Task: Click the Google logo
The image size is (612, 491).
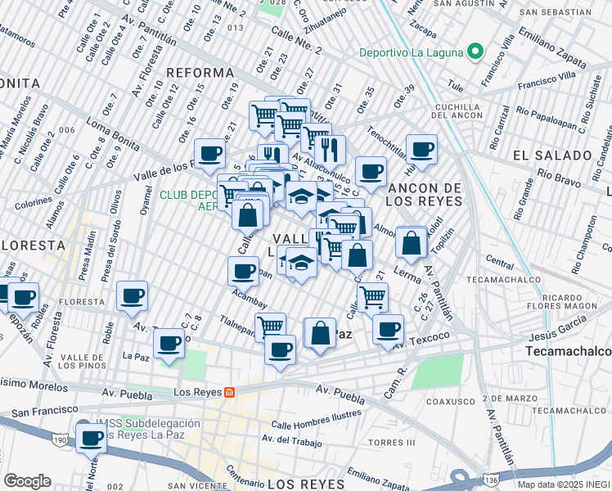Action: click(26, 481)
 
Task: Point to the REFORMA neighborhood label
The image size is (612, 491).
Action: click(200, 73)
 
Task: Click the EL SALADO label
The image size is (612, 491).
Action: click(552, 155)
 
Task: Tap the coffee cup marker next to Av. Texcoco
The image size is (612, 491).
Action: click(389, 328)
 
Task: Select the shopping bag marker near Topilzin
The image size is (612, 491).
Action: click(411, 242)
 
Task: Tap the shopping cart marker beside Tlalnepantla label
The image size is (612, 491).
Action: click(270, 327)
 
